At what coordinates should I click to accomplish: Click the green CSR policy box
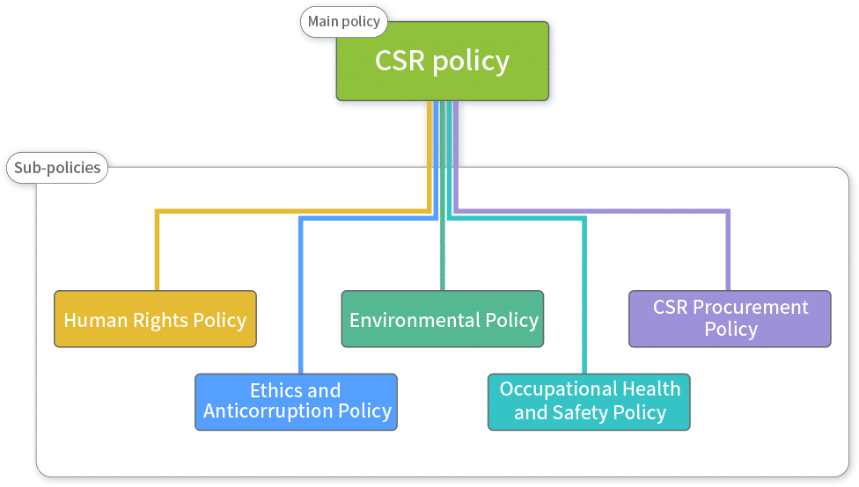point(442,62)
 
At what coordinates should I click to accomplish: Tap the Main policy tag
point(344,22)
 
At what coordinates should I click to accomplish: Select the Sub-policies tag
point(57,167)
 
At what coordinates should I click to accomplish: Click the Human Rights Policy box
point(155,319)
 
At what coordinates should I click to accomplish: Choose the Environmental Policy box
point(443,319)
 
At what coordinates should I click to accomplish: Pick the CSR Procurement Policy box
point(730,319)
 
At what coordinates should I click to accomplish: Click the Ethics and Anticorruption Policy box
point(296,402)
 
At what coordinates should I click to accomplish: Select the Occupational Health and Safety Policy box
point(589,402)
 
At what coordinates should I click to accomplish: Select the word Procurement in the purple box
point(750,308)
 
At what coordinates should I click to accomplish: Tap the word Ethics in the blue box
point(272,390)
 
